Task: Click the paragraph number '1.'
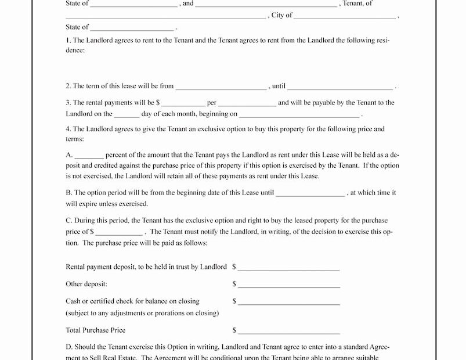pyautogui.click(x=68, y=41)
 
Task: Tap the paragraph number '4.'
pyautogui.click(x=68, y=129)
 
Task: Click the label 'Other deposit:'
pyautogui.click(x=86, y=285)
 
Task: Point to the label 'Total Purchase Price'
pyautogui.click(x=96, y=330)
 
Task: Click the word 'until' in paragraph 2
pyautogui.click(x=278, y=86)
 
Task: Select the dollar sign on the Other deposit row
pyautogui.click(x=234, y=285)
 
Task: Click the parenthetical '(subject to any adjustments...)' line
pyautogui.click(x=142, y=313)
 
